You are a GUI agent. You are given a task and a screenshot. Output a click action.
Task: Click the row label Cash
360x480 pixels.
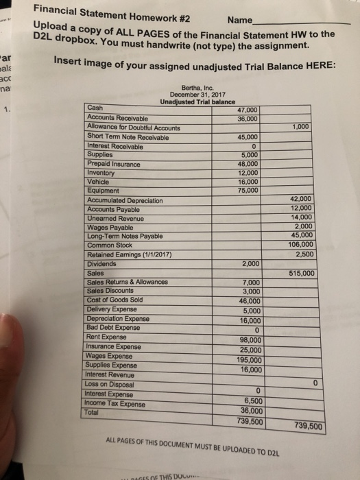(x=96, y=108)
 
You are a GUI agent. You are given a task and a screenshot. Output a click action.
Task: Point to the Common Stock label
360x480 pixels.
(x=112, y=245)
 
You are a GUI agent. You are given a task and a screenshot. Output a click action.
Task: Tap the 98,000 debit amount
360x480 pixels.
(x=248, y=340)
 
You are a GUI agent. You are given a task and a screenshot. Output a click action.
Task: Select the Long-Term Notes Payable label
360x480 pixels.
(x=128, y=236)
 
